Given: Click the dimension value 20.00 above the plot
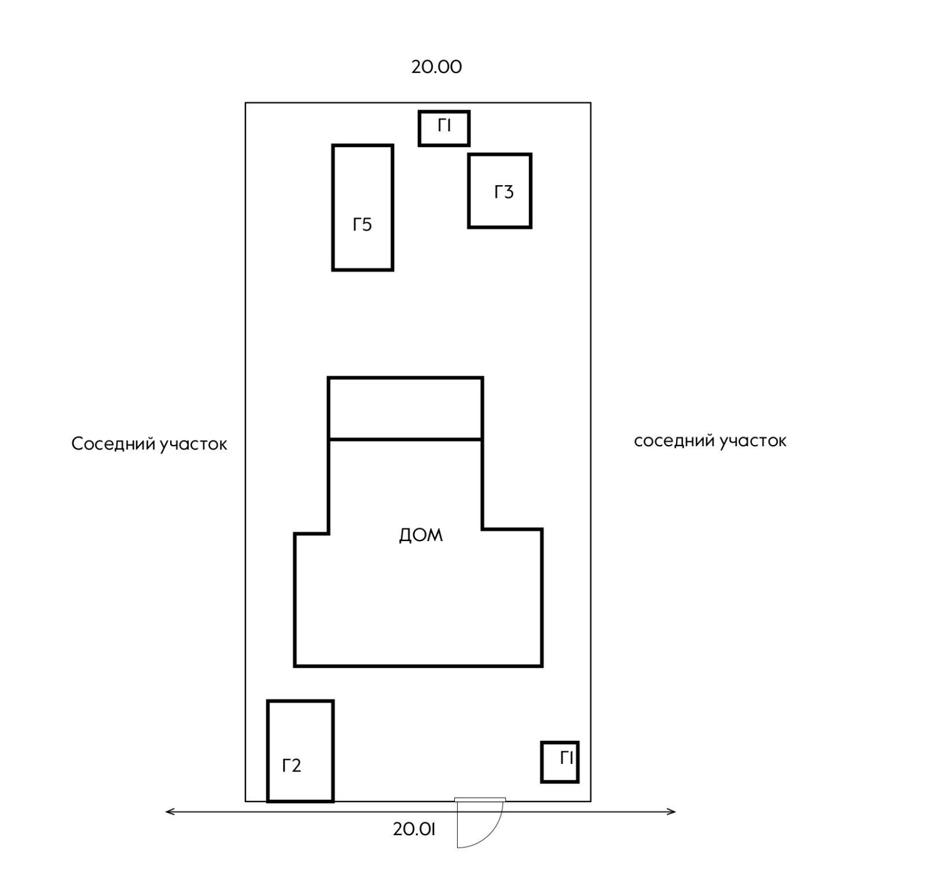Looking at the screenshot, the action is click(436, 67).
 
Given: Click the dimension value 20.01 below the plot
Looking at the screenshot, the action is click(414, 829).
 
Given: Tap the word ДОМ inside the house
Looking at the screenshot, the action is click(421, 535).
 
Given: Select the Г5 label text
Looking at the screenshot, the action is click(362, 225).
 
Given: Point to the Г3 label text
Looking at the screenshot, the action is click(504, 192).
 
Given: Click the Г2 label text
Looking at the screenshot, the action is click(292, 766).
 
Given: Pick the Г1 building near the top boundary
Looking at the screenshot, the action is click(444, 128).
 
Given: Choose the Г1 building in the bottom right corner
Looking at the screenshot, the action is click(560, 762).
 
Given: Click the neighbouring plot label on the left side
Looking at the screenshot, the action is click(149, 444).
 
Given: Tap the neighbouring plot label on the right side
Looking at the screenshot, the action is click(710, 441).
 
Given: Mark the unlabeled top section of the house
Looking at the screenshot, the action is click(405, 409).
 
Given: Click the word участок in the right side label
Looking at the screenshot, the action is click(753, 442).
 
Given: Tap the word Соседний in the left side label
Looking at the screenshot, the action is click(113, 444).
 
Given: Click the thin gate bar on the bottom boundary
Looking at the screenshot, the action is click(480, 800).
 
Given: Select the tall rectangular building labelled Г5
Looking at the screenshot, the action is click(363, 208).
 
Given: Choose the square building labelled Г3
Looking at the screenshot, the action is click(499, 191).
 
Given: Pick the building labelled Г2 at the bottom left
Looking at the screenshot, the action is click(300, 751).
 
